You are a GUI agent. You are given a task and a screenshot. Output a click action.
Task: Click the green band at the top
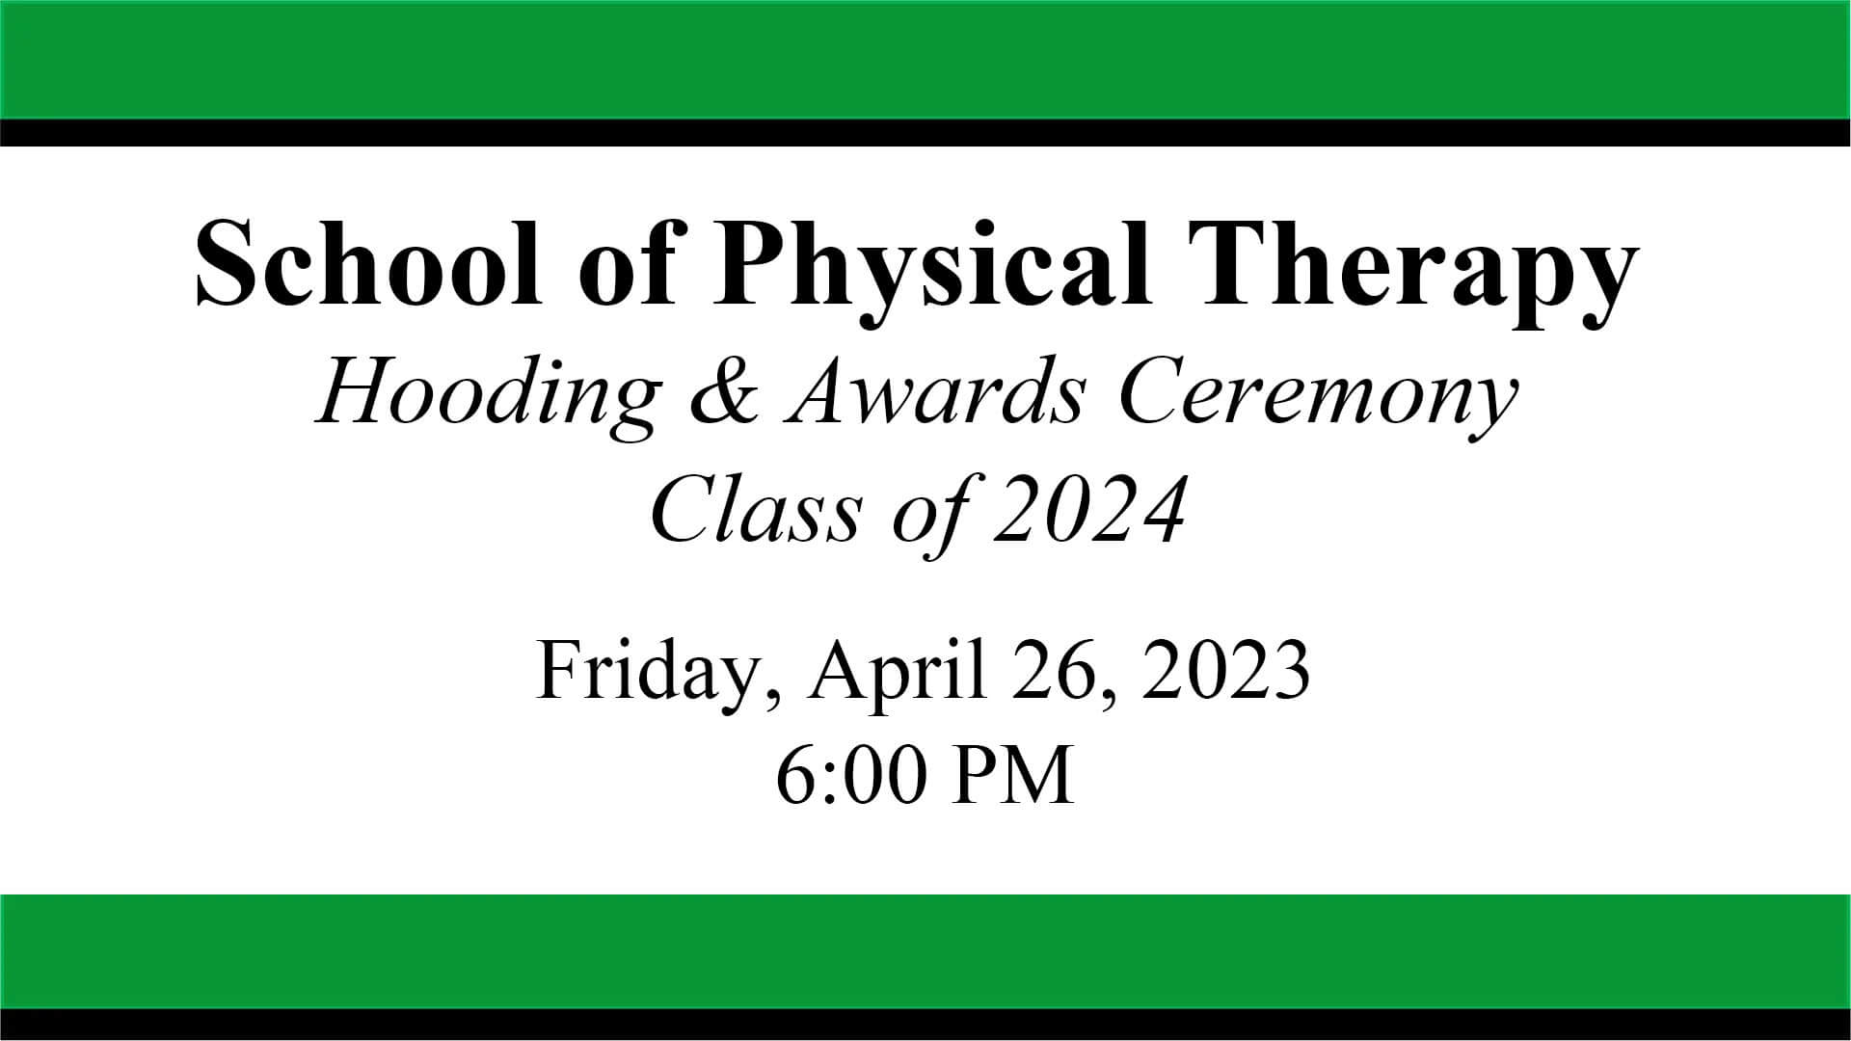[925, 59]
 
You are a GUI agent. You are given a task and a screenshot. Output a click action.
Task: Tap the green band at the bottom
[925, 951]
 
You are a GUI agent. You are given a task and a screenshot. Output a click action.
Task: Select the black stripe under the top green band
[925, 132]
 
